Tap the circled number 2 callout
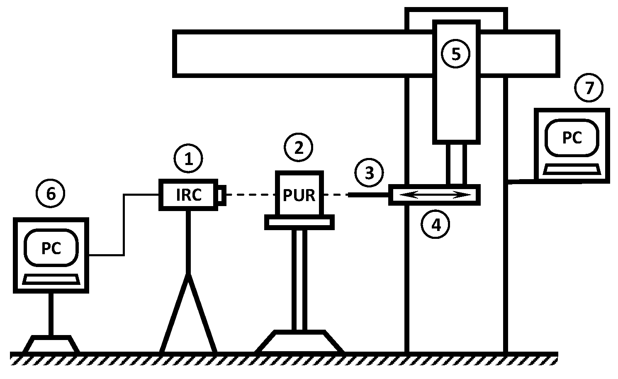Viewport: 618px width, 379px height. (299, 147)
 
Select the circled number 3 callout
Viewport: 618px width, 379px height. (369, 172)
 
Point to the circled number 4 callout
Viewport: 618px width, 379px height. (436, 225)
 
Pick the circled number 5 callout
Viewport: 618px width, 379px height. (456, 54)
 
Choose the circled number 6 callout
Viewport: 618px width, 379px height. (51, 193)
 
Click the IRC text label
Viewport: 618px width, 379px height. (189, 195)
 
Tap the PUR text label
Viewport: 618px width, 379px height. (299, 195)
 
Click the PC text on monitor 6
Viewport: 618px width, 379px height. (51, 248)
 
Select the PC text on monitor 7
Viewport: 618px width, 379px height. (572, 137)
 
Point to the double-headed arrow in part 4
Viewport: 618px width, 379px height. (435, 195)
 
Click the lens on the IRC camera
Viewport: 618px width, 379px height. (222, 194)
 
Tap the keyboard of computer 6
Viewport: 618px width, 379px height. (51, 279)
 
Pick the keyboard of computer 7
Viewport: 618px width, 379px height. (572, 169)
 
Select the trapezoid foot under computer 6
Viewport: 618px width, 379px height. (51, 344)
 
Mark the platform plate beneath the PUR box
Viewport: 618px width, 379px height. (299, 222)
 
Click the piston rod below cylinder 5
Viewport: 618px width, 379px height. (456, 164)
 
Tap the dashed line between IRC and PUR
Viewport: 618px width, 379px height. (251, 194)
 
